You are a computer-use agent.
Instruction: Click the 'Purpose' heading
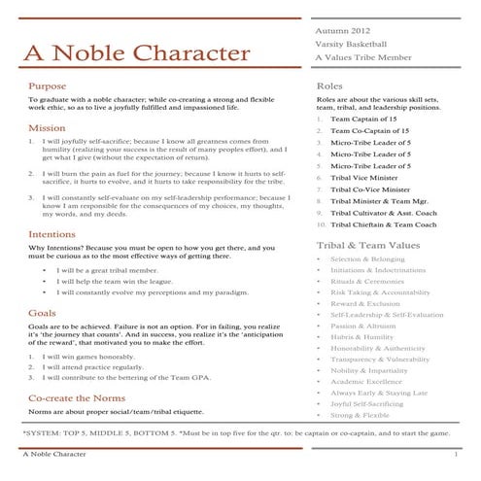click(x=48, y=86)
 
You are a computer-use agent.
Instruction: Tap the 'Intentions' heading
click(x=52, y=234)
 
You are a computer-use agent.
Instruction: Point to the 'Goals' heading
click(x=42, y=314)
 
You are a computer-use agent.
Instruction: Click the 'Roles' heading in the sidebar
click(x=329, y=86)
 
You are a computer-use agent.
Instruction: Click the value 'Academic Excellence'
click(x=364, y=381)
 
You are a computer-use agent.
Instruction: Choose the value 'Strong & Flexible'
click(x=359, y=414)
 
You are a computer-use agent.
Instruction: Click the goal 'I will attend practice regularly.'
click(x=98, y=367)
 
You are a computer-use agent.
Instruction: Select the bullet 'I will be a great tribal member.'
click(x=106, y=269)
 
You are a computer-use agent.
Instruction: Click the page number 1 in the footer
click(x=455, y=454)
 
